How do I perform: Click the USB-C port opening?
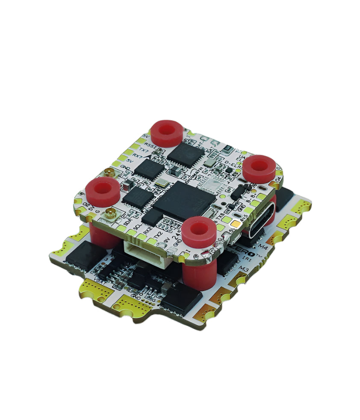tap(257, 221)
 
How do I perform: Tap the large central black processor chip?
tap(185, 201)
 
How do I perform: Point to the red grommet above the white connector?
tap(198, 229)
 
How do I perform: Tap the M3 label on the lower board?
tap(244, 268)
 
